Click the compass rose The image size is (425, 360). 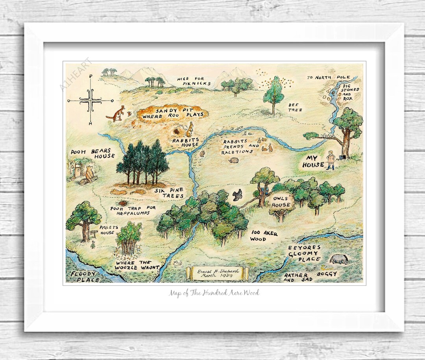pyautogui.click(x=91, y=101)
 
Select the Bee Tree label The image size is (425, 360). pyautogui.click(x=295, y=107)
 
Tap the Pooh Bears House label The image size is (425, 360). pyautogui.click(x=93, y=153)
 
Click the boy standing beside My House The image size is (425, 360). pyautogui.click(x=331, y=160)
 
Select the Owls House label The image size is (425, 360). pyautogui.click(x=281, y=202)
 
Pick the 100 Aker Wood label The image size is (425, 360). pyautogui.click(x=264, y=236)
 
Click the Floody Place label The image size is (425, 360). pyautogui.click(x=83, y=276)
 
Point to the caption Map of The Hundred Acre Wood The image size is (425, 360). pyautogui.click(x=214, y=293)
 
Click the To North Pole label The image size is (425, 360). pyautogui.click(x=326, y=78)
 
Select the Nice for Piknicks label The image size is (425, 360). pyautogui.click(x=194, y=81)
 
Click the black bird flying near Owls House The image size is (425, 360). pyautogui.click(x=237, y=194)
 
